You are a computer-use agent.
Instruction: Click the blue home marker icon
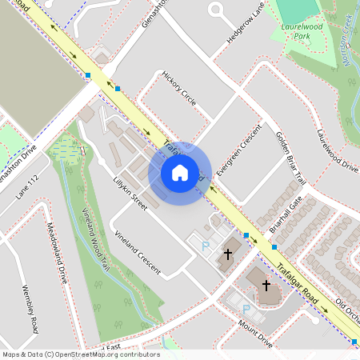[x=180, y=172]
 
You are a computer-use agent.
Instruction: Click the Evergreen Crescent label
[x=239, y=151]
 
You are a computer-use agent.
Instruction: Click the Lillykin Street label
[x=130, y=193]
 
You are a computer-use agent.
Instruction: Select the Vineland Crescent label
[x=138, y=249]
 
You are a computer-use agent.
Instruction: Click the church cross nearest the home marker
[x=227, y=254]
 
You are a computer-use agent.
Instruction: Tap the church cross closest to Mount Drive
[x=266, y=284]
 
